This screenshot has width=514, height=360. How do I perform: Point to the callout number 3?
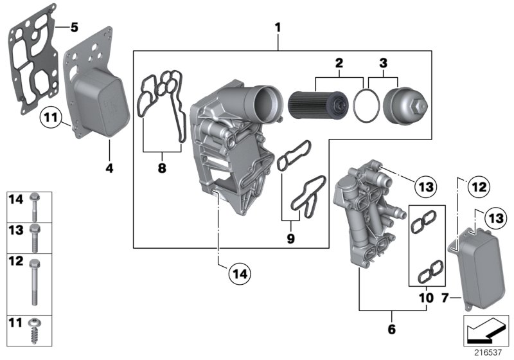click(x=383, y=63)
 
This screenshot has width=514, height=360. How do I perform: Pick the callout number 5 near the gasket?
click(x=73, y=27)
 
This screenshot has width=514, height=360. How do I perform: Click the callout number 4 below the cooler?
click(x=109, y=170)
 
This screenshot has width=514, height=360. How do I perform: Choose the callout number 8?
click(x=161, y=168)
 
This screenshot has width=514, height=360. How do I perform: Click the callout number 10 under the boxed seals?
click(x=423, y=298)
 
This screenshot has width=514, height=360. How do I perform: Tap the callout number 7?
click(x=444, y=298)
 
